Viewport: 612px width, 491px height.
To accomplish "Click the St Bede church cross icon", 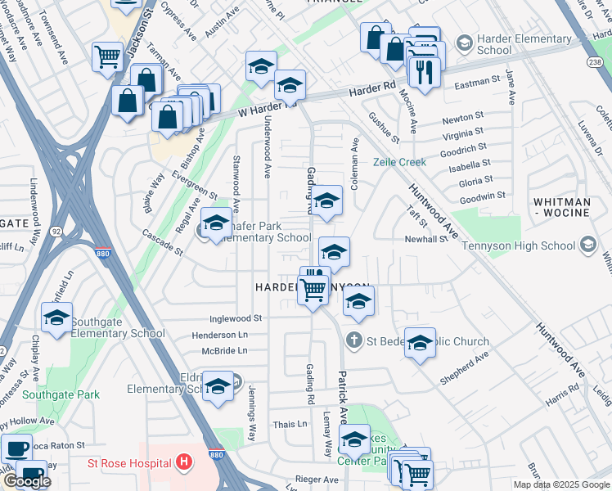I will pyautogui.click(x=354, y=340).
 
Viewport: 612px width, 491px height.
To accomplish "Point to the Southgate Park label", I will pyautogui.click(x=61, y=394).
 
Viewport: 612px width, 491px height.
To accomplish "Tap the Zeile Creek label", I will pyautogui.click(x=400, y=162).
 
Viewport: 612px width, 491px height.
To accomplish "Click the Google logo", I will pyautogui.click(x=27, y=481).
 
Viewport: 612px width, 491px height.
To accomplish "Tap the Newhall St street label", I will pyautogui.click(x=426, y=239).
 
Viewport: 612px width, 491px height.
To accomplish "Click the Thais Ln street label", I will pyautogui.click(x=290, y=424).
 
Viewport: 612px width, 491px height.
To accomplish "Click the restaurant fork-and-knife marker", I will pyautogui.click(x=424, y=71).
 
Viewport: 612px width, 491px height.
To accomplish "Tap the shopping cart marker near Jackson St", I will pyautogui.click(x=107, y=57).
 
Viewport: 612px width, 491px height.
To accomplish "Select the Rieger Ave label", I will pyautogui.click(x=318, y=480).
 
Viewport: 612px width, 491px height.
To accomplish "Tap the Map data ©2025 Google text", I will pyautogui.click(x=561, y=484).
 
